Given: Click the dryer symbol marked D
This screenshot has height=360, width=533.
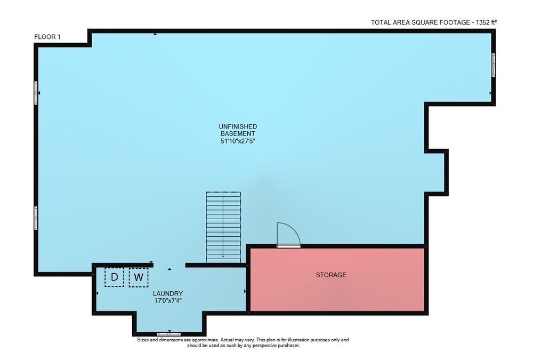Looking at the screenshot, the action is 114,277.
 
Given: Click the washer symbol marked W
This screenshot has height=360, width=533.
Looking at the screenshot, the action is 139,277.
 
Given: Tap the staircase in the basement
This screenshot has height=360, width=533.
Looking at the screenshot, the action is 223,227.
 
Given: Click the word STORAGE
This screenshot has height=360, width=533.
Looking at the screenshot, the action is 331,275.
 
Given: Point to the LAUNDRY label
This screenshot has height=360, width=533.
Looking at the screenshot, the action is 168,293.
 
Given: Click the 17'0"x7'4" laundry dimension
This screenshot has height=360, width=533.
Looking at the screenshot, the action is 168,301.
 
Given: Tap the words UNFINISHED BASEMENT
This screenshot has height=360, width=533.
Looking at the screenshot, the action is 238,130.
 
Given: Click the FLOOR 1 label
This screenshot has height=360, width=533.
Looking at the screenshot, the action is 47,37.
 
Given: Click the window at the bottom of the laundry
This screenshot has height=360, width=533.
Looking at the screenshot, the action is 169,334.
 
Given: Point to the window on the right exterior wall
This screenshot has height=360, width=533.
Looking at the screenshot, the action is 493,65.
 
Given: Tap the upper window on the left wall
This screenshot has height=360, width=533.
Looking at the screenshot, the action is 36,93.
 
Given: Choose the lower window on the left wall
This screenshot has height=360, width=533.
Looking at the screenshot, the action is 36,218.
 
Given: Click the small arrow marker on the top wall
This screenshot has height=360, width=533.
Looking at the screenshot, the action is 155,34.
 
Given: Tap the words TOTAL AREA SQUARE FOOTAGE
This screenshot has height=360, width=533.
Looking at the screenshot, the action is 420,22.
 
